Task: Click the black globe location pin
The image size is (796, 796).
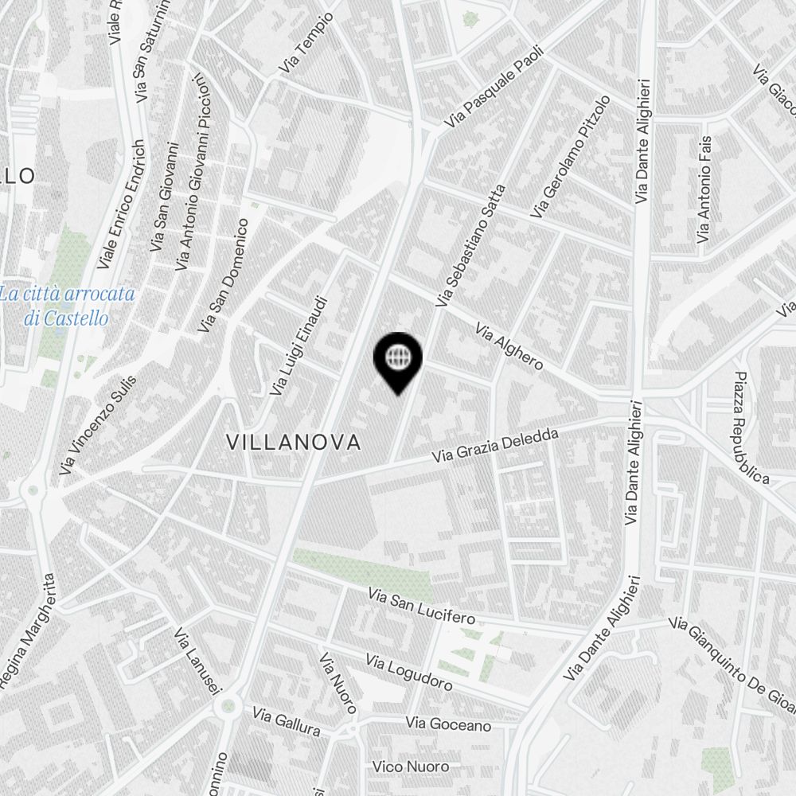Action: (397, 360)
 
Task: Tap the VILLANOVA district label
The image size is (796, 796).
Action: (294, 443)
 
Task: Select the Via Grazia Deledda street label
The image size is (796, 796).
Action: (497, 446)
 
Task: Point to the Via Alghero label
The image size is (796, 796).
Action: (509, 346)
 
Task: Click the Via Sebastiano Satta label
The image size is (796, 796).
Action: (470, 246)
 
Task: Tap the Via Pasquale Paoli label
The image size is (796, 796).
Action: (487, 86)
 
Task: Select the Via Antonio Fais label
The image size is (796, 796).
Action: (704, 189)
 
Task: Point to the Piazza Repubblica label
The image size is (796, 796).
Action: (751, 427)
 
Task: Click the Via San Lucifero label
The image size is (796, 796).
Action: (422, 607)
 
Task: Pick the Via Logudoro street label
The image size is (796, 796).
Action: (409, 673)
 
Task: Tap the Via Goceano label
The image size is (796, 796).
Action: (448, 724)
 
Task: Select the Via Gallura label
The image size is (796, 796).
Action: (287, 721)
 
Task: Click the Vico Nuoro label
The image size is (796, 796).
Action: (422, 767)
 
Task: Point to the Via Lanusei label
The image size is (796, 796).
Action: (197, 661)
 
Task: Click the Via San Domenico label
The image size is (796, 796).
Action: (224, 276)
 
